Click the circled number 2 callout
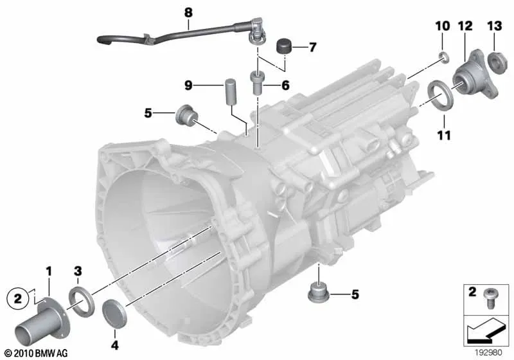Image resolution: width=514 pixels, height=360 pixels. pos(18,299)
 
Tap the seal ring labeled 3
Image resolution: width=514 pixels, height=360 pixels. pos(82,301)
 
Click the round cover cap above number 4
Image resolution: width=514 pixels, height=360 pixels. pos(114,314)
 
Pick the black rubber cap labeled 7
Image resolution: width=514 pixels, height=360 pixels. pos(284,46)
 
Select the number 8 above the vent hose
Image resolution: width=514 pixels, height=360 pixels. pos(188,13)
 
